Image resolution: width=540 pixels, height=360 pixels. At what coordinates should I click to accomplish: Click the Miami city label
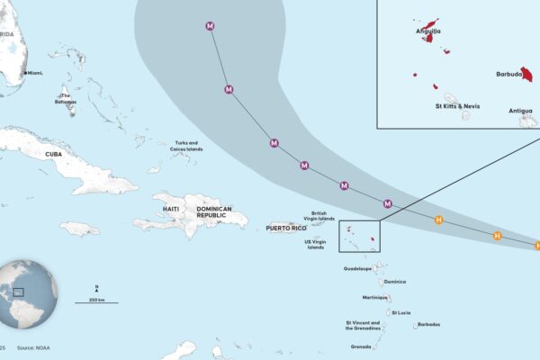tap(35, 72)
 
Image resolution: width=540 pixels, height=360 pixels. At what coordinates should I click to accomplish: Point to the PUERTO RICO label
tap(285, 229)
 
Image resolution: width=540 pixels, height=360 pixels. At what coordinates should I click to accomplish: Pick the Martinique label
tap(374, 297)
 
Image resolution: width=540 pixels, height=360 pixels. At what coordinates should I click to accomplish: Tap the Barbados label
tap(428, 324)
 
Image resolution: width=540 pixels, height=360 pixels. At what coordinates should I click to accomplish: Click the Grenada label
tap(361, 346)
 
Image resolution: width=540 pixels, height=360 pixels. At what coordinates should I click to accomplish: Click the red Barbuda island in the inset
tap(526, 76)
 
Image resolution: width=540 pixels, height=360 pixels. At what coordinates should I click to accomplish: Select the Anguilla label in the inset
tap(428, 31)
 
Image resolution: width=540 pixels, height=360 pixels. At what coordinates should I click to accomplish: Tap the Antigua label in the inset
tap(520, 111)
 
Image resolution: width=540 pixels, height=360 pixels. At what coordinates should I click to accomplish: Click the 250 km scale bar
tap(96, 301)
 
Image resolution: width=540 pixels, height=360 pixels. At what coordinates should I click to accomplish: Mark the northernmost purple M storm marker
tap(211, 26)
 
